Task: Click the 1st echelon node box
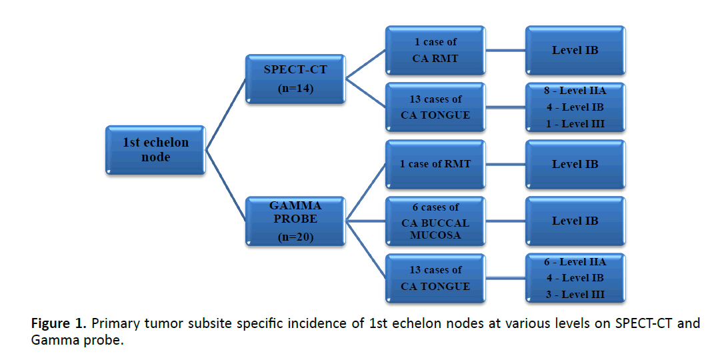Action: [155, 151]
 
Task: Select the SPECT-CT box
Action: [295, 79]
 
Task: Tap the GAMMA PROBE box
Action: [295, 220]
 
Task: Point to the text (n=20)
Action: [295, 237]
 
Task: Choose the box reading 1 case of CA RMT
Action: [435, 51]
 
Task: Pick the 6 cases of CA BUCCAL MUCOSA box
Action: [435, 221]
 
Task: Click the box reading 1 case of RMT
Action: [435, 164]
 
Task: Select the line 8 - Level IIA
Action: [575, 90]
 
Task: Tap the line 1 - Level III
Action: [575, 123]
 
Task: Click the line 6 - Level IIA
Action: [575, 261]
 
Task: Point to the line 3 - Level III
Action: [575, 294]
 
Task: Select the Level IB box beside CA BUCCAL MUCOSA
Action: [575, 221]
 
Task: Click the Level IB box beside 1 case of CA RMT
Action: [575, 50]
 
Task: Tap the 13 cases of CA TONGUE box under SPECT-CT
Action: [435, 107]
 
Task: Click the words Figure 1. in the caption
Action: [59, 324]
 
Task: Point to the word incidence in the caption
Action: [315, 324]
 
